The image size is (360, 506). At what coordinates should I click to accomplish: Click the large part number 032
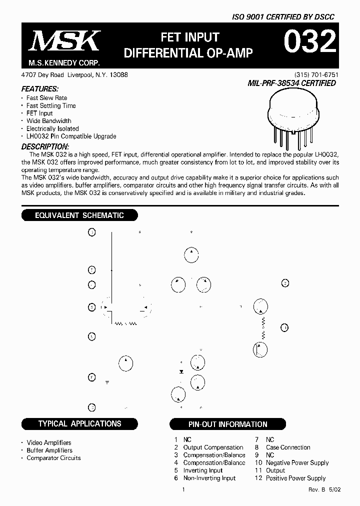(x=309, y=43)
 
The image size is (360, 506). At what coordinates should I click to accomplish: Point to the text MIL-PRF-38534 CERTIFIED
(x=292, y=83)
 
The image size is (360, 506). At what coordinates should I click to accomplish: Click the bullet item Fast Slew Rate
(x=46, y=98)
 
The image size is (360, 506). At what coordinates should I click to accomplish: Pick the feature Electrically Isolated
(x=52, y=128)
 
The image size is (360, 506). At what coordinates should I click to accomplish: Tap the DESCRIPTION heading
(x=45, y=147)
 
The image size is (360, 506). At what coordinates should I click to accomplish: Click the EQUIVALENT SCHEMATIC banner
(x=79, y=215)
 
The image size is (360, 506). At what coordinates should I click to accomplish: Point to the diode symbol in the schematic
(x=181, y=372)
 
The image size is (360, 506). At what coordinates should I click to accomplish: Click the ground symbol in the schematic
(x=107, y=382)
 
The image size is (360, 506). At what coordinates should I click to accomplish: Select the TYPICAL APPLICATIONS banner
(x=79, y=423)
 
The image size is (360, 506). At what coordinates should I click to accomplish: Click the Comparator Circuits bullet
(x=53, y=458)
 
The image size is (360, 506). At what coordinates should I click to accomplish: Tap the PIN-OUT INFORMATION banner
(x=227, y=424)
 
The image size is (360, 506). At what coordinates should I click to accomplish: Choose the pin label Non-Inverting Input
(x=209, y=478)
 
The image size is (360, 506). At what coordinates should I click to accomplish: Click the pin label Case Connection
(x=288, y=447)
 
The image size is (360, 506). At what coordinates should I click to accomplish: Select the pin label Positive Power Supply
(x=295, y=478)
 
